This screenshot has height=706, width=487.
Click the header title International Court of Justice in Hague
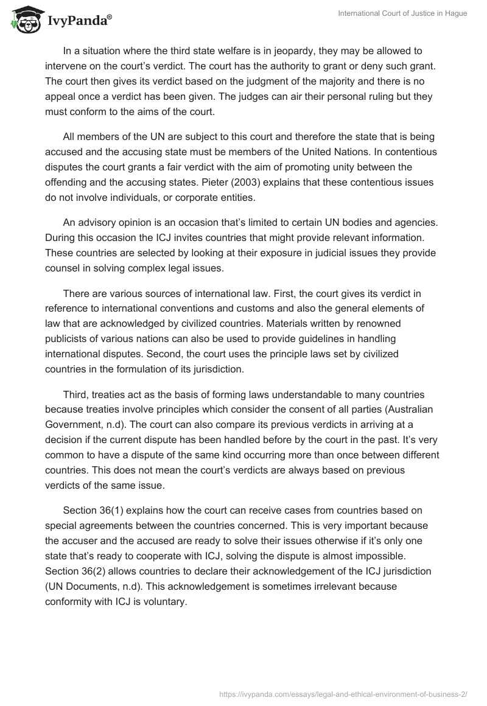(x=403, y=13)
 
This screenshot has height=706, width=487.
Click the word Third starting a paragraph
(x=75, y=379)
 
